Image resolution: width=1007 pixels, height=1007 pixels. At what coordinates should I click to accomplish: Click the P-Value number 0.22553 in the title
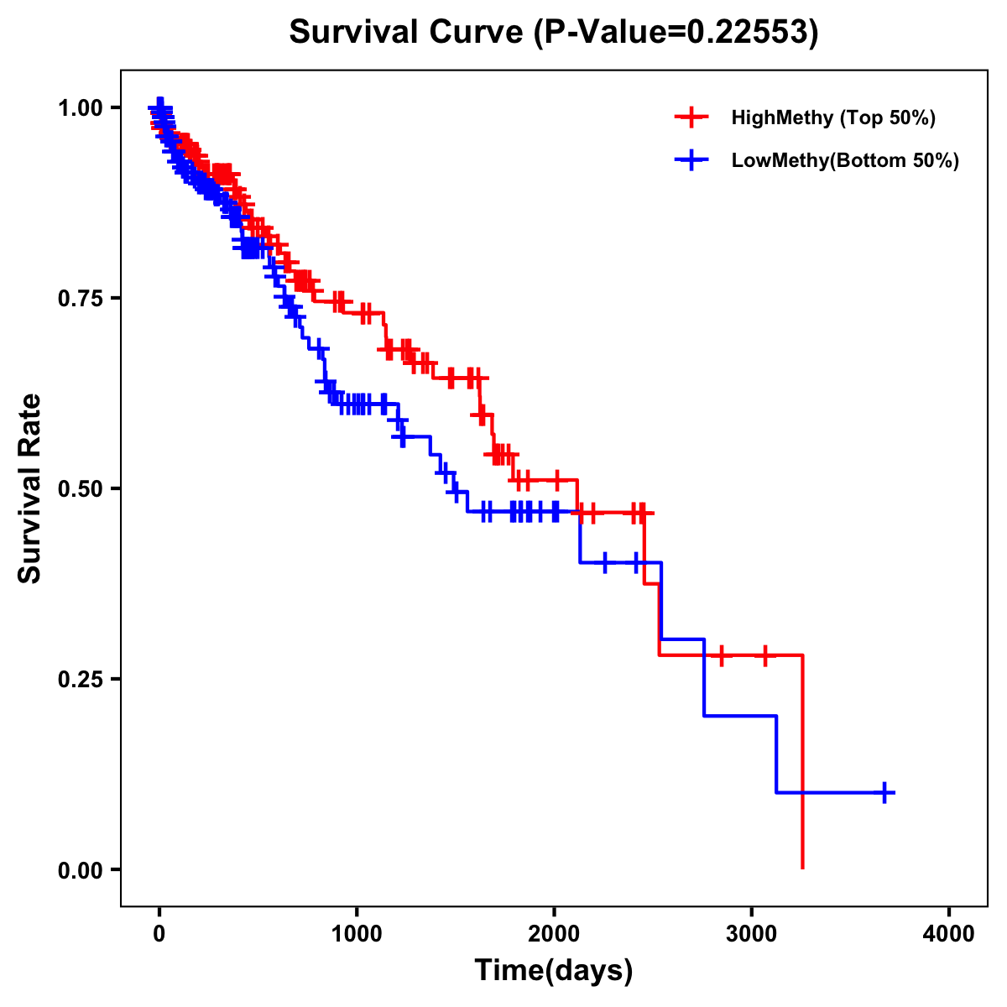[749, 32]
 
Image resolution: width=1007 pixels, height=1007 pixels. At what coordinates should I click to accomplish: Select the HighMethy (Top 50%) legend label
[832, 117]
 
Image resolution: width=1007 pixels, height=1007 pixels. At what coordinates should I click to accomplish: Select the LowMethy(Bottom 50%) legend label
[845, 160]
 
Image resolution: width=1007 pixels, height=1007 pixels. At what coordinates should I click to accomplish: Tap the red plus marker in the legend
[691, 117]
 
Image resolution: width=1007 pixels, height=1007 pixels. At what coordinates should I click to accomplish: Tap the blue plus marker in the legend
[691, 160]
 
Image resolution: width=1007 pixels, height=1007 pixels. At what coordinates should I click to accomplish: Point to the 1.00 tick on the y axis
[80, 107]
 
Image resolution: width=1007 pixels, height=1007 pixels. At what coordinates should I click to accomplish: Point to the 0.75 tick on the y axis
[80, 298]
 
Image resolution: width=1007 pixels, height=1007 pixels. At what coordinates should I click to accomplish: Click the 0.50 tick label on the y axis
[80, 488]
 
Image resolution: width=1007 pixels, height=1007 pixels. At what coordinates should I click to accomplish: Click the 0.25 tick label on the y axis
[80, 679]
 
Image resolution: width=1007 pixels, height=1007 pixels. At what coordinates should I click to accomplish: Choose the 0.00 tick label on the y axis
[80, 869]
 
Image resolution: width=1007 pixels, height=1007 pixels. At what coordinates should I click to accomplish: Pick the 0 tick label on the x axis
[159, 934]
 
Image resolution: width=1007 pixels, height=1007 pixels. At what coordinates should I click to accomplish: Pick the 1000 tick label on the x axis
[357, 934]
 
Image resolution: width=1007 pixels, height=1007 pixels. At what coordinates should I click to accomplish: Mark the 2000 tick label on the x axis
[554, 934]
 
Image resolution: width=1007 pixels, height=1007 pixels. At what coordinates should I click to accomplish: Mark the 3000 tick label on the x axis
[752, 934]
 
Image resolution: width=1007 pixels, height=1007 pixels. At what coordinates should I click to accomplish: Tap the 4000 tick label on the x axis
[949, 934]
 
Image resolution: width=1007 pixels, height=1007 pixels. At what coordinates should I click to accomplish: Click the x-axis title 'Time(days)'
[554, 971]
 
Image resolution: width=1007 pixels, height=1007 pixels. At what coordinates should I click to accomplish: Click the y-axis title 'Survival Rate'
[30, 488]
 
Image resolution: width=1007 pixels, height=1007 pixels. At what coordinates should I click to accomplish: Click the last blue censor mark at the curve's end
[884, 792]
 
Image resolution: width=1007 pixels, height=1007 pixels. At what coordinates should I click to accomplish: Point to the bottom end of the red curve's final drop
[803, 867]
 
